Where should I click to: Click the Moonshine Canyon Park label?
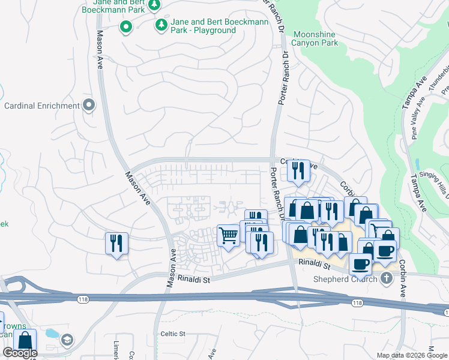315,38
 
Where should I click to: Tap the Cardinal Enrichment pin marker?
89,106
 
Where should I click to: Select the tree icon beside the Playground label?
161,25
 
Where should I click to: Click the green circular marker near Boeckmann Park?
126,26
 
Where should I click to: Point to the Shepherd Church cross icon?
386,278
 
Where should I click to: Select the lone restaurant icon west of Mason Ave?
116,243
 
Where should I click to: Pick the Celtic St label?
173,334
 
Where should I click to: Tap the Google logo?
20,353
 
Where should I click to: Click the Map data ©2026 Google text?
411,355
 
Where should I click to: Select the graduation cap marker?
67,340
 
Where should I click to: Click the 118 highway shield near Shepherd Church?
358,304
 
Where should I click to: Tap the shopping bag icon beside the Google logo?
25,340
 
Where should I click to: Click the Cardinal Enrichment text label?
42,106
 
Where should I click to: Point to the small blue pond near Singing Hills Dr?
417,164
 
